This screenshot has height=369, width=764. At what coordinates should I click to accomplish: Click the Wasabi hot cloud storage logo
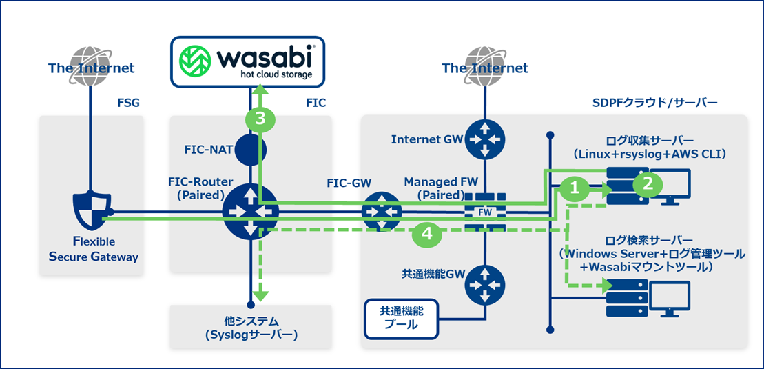[x=247, y=61]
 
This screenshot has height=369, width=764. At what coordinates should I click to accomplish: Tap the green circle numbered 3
[x=260, y=119]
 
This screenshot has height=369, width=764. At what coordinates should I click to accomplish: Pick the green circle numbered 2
[x=648, y=182]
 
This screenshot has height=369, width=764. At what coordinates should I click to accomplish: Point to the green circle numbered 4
[x=427, y=235]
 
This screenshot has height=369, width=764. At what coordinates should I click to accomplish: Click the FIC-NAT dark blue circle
[x=250, y=148]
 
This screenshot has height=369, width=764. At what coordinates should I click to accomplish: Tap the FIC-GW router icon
[x=381, y=212]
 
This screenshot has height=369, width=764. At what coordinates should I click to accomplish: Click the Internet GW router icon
[x=485, y=138]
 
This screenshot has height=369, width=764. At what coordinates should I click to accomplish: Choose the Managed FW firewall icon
[x=485, y=211]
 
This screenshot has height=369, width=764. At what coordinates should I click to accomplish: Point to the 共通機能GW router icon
[x=485, y=284]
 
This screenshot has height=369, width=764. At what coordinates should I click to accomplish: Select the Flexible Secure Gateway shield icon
[x=91, y=211]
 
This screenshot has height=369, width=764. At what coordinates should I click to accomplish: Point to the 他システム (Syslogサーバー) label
[x=250, y=328]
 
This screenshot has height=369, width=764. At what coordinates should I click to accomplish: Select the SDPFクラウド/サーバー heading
[x=654, y=103]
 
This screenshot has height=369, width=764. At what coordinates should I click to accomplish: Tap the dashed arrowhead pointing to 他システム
[x=260, y=295]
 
